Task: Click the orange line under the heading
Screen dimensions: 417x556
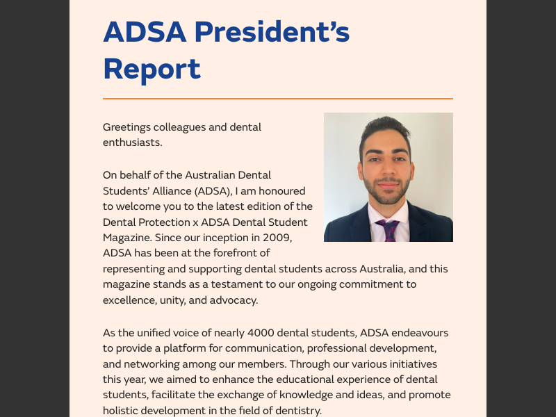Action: coord(278,99)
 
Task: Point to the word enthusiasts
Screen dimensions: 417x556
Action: coord(132,142)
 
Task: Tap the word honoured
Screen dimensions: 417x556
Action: coord(282,190)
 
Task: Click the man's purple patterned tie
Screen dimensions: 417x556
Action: coord(389,230)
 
